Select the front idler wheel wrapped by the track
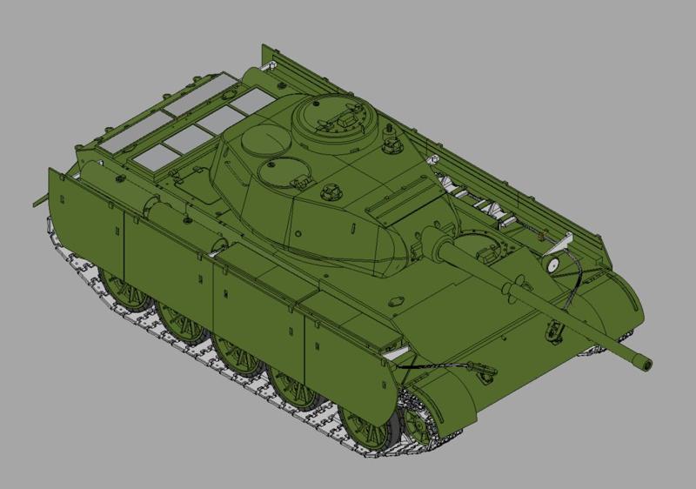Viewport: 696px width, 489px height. point(421,424)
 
